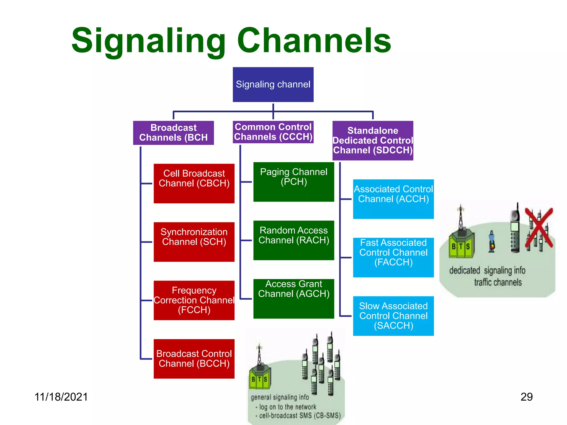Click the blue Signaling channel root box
click(x=273, y=84)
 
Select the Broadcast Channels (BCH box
click(x=173, y=133)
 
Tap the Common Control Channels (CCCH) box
click(x=273, y=132)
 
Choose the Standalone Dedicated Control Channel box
click(x=373, y=141)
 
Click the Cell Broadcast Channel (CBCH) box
click(x=194, y=183)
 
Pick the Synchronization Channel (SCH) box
click(x=194, y=242)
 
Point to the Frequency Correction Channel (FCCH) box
click(x=194, y=300)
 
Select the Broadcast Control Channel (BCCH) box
click(x=194, y=359)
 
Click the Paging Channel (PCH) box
click(x=294, y=182)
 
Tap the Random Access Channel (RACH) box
click(x=294, y=240)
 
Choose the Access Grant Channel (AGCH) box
click(x=294, y=299)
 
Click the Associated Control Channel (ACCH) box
click(x=393, y=199)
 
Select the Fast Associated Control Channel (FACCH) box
click(x=393, y=257)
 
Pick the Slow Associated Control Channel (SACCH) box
click(x=393, y=316)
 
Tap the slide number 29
click(x=526, y=397)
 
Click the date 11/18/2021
click(x=61, y=397)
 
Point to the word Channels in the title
click(x=314, y=41)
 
